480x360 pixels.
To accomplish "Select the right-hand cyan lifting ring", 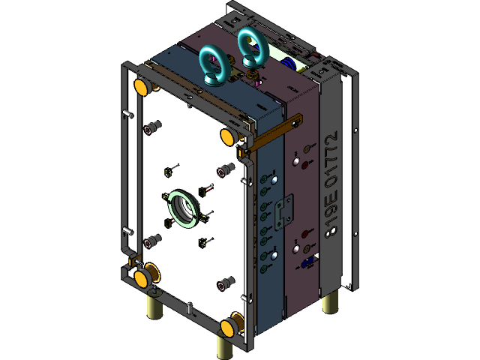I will coord(252,49).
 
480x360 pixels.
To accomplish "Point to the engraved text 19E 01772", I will coord(331,184).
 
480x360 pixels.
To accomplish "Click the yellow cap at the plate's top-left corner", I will coord(141,87).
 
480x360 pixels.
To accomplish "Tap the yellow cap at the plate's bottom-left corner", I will coord(141,279).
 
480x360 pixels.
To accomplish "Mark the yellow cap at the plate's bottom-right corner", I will coord(229,327).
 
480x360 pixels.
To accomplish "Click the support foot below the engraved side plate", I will coord(329,301).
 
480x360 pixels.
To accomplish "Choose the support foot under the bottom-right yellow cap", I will coord(225,346).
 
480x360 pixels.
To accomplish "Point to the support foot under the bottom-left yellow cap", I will coord(155,304).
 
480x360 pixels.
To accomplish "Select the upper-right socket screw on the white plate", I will coord(223,172).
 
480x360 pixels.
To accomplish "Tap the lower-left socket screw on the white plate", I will coord(152,241).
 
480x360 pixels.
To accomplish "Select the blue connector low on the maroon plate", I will coord(310,262).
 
